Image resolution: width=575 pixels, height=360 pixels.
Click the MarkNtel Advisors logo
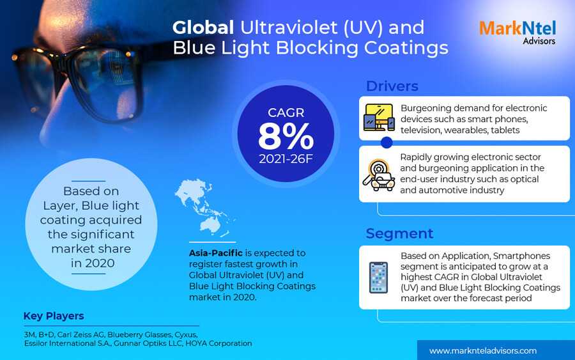tap(517, 33)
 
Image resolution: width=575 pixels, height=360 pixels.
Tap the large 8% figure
tap(286, 136)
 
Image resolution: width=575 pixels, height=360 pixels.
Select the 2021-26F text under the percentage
tap(286, 159)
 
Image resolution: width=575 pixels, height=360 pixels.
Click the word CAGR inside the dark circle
tap(286, 113)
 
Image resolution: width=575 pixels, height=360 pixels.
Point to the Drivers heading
tap(392, 86)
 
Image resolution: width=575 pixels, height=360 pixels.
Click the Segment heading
tap(399, 234)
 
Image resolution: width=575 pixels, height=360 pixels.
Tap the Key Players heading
tap(54, 316)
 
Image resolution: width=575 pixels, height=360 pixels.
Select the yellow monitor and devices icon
tap(379, 118)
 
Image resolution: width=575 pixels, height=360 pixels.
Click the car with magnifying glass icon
tap(379, 175)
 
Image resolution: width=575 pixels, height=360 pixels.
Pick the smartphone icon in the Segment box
tap(378, 278)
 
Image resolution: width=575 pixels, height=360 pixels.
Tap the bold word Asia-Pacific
tap(216, 253)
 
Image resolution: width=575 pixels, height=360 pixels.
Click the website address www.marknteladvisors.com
tap(482, 351)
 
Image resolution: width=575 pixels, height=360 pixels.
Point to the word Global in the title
tap(203, 27)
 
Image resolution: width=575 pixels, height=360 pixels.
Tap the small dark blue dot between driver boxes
tap(387, 143)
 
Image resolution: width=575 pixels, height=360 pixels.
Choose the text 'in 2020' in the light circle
tap(93, 263)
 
